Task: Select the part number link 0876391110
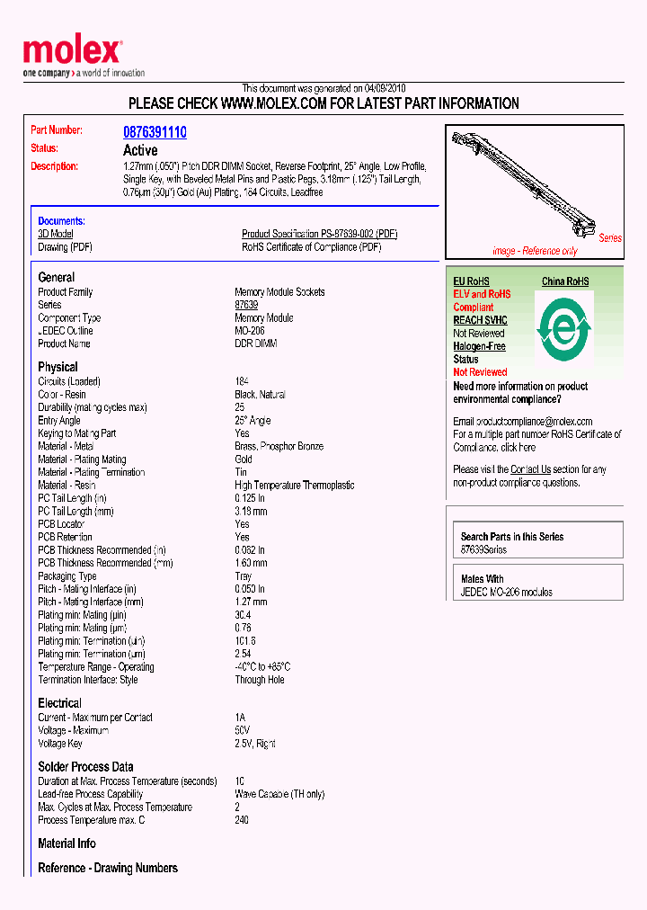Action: (155, 132)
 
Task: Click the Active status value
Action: (140, 150)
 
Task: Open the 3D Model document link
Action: (56, 234)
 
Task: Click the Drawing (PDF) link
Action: (65, 246)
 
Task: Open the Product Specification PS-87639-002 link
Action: (319, 234)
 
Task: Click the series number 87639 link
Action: (246, 305)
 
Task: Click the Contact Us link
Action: (530, 469)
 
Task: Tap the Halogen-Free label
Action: (479, 346)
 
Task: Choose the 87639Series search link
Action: (483, 549)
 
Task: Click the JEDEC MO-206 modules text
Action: (506, 592)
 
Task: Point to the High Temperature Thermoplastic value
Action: (294, 485)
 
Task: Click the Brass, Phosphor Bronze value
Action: (279, 446)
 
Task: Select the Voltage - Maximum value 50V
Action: (242, 730)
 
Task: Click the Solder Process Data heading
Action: (85, 766)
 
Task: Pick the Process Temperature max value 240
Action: (242, 820)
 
